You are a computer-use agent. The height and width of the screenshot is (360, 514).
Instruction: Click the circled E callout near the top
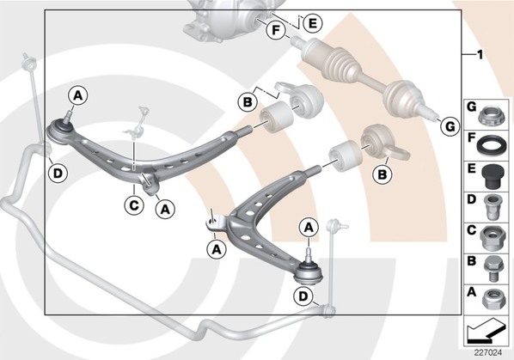312,23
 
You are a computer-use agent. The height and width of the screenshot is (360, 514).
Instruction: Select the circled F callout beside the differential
276,30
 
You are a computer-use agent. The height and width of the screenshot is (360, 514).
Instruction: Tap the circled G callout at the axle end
450,125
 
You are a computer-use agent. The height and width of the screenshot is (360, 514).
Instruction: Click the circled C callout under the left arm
134,205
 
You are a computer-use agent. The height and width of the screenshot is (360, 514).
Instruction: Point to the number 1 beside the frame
480,55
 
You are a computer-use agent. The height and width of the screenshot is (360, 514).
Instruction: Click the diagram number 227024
488,353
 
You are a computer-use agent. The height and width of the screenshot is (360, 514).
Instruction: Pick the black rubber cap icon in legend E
493,177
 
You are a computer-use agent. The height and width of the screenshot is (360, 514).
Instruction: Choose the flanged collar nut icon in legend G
491,114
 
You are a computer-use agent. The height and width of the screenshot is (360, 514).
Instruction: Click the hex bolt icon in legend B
491,270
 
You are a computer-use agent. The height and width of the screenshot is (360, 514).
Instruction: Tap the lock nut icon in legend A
493,299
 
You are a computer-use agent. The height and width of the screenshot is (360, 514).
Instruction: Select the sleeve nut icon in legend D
492,208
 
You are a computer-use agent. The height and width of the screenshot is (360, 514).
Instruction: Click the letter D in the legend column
471,199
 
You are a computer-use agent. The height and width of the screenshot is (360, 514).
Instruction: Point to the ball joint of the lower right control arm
309,271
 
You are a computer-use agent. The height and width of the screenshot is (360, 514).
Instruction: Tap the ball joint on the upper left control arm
61,129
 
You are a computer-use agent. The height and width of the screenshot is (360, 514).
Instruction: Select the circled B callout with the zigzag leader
248,102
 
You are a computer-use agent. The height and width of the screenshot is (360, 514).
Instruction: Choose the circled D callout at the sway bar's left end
58,173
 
